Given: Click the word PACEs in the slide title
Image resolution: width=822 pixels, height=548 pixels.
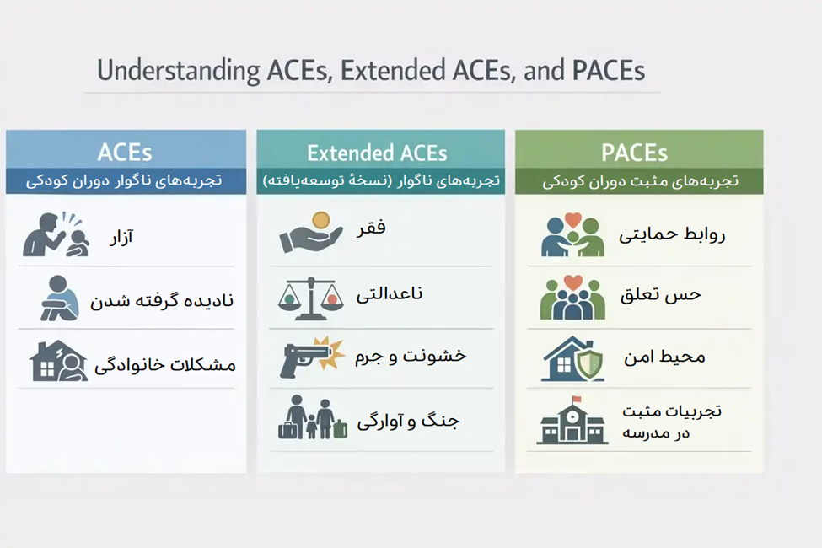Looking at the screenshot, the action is tap(609, 70).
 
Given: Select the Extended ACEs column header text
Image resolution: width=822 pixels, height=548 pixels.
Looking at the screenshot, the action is tap(377, 153).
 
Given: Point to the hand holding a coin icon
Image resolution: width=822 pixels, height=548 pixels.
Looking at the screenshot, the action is tap(311, 233).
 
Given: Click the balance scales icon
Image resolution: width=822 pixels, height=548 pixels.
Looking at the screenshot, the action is tap(311, 298).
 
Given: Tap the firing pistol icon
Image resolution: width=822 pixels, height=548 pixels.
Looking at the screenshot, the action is tap(311, 357).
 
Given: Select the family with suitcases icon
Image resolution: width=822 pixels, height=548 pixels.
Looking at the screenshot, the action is tap(313, 416).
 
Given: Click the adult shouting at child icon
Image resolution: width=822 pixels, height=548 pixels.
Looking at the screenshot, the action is tap(55, 234).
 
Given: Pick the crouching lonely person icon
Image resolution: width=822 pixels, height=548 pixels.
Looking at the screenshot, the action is tap(60, 298).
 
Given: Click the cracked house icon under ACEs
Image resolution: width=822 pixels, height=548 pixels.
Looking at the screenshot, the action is tap(58, 361).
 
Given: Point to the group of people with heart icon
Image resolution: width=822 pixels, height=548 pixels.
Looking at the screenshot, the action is tap(572, 298).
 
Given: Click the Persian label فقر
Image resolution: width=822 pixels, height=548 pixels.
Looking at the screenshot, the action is tap(371, 228).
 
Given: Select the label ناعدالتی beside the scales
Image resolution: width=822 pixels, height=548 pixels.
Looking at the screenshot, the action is tap(389, 293).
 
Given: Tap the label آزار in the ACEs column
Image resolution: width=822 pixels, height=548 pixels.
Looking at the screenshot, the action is tap(121, 237).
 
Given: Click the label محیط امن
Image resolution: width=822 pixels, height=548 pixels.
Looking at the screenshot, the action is tap(664, 357).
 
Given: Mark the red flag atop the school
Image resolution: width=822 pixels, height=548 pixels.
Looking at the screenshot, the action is tap(576, 400).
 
